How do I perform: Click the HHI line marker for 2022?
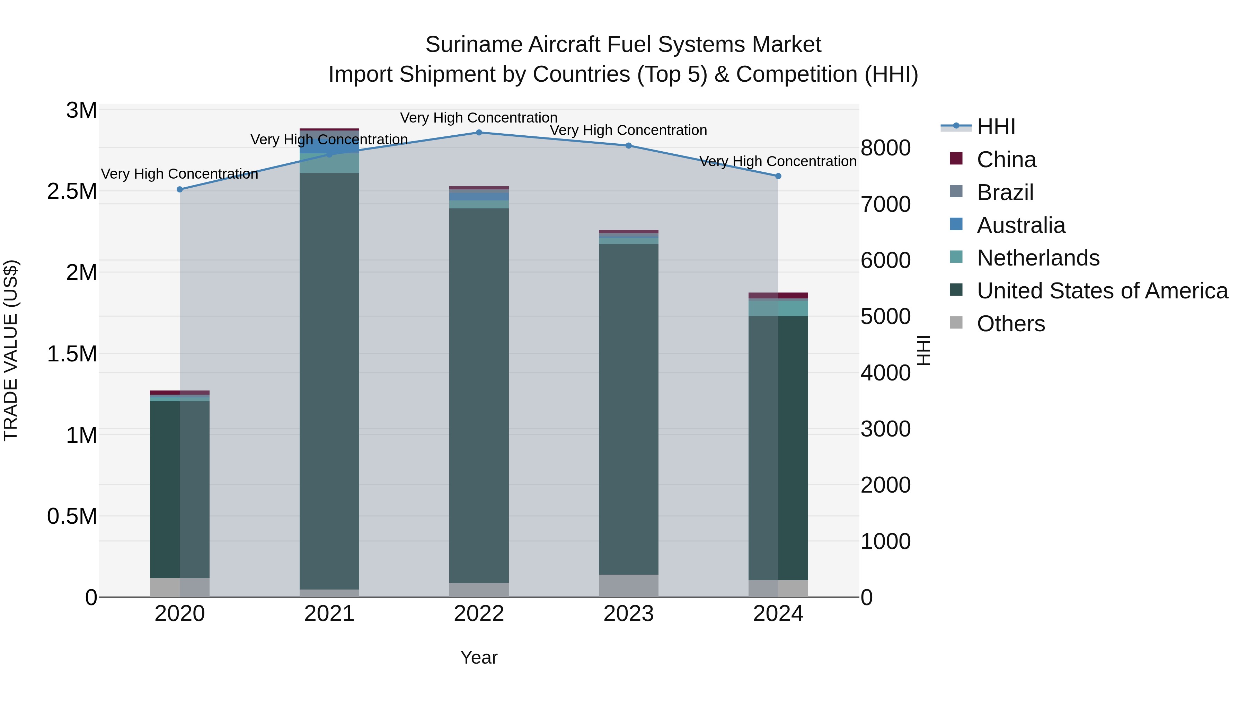(479, 133)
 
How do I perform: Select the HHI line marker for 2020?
(179, 190)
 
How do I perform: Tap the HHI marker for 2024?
(778, 176)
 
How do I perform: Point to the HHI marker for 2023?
(628, 146)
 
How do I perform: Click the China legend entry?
(1006, 160)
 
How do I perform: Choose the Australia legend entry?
(1020, 225)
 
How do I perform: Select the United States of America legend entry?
(1102, 291)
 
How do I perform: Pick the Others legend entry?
(1010, 324)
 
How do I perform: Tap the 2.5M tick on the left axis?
(72, 191)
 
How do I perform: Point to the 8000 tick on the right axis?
(885, 148)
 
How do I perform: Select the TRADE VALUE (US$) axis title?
(11, 350)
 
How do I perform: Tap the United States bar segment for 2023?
(628, 409)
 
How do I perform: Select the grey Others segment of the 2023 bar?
(628, 585)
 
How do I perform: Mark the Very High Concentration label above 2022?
(479, 118)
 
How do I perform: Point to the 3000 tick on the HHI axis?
(885, 429)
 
